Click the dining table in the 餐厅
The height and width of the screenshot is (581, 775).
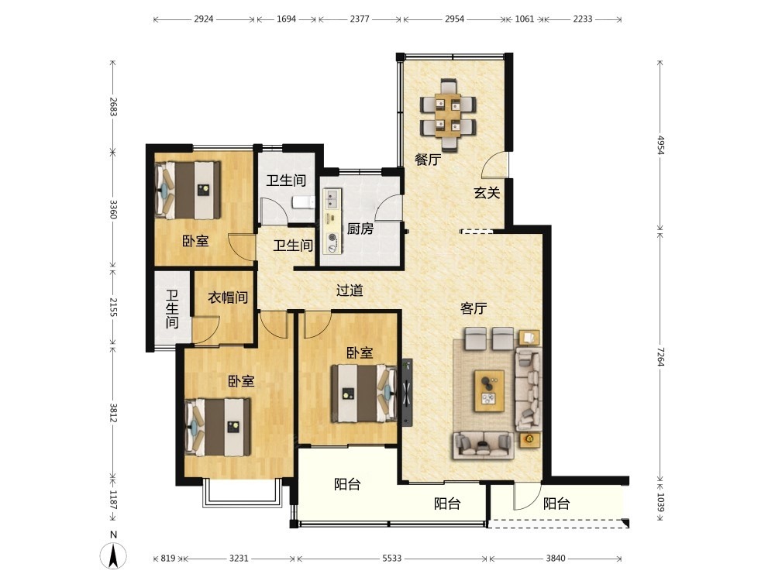(448, 115)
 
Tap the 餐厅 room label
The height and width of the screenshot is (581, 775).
(428, 160)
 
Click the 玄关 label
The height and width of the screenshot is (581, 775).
(487, 193)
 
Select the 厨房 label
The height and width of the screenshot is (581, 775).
(360, 229)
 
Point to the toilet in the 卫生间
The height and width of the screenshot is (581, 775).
(303, 202)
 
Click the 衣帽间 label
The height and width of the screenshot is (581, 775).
(228, 297)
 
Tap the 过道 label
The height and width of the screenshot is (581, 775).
(350, 290)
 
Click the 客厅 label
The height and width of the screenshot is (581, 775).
(474, 308)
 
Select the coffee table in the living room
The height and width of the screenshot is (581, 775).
(489, 390)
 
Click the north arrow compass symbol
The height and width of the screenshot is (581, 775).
(113, 555)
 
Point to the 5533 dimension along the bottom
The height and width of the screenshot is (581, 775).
(392, 559)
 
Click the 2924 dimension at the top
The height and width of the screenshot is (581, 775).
(204, 19)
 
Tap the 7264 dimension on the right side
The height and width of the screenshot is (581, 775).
(660, 356)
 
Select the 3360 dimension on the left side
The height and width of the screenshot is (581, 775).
(112, 209)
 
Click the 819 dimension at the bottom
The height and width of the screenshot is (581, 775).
(168, 559)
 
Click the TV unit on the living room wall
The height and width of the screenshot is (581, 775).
(407, 392)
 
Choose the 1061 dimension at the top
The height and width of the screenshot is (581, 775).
(525, 19)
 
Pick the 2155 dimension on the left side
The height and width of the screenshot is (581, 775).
(112, 307)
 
